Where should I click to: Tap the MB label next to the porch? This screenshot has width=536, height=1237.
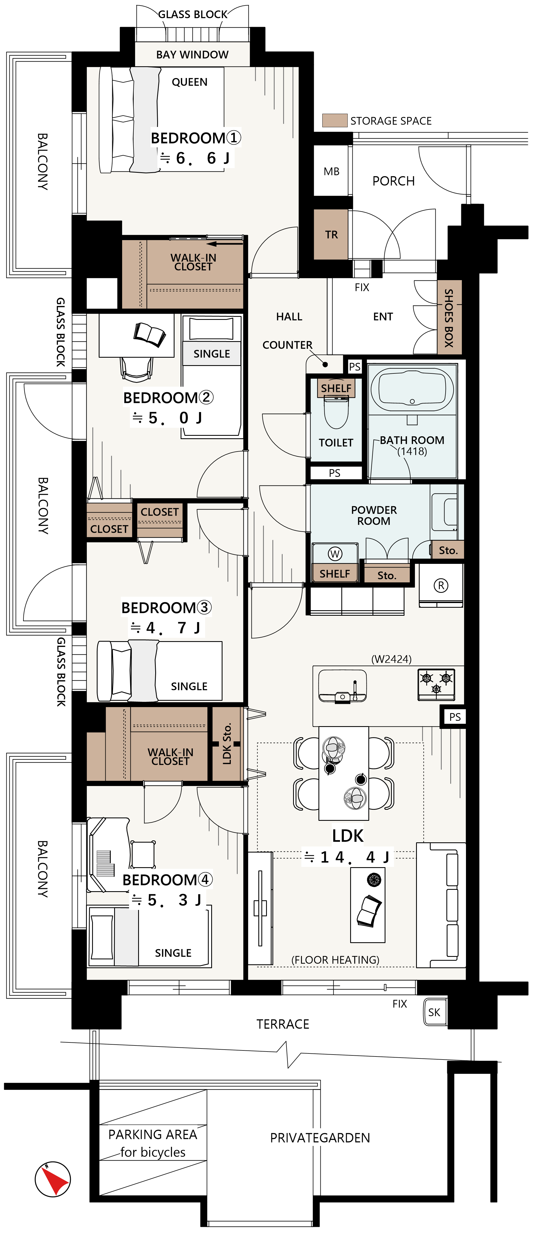(x=331, y=171)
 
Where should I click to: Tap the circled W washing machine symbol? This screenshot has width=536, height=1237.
(x=335, y=554)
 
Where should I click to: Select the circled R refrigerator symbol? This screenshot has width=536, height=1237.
(x=441, y=585)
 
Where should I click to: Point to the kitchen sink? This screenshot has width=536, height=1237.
(x=342, y=685)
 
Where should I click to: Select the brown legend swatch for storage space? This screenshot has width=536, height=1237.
(x=334, y=121)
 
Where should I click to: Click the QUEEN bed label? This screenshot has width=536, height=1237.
(x=189, y=82)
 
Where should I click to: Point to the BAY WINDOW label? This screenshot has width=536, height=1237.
(x=192, y=55)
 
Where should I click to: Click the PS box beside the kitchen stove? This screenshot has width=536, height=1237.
(x=454, y=717)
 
